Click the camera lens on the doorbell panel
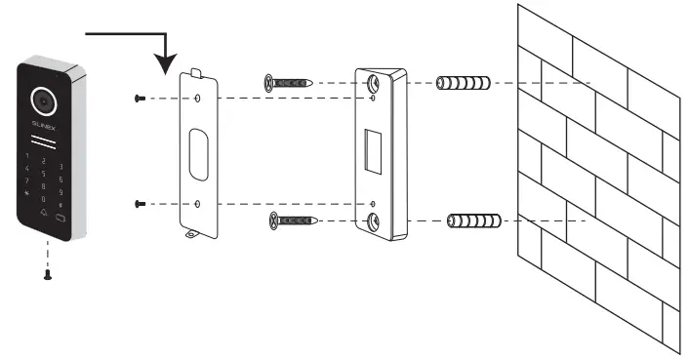(42, 99)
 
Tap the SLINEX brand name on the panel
(45, 127)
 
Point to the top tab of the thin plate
(198, 73)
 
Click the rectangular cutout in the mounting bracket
(373, 149)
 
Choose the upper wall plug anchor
(465, 84)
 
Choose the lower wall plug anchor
(473, 220)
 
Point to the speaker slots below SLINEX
(45, 143)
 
